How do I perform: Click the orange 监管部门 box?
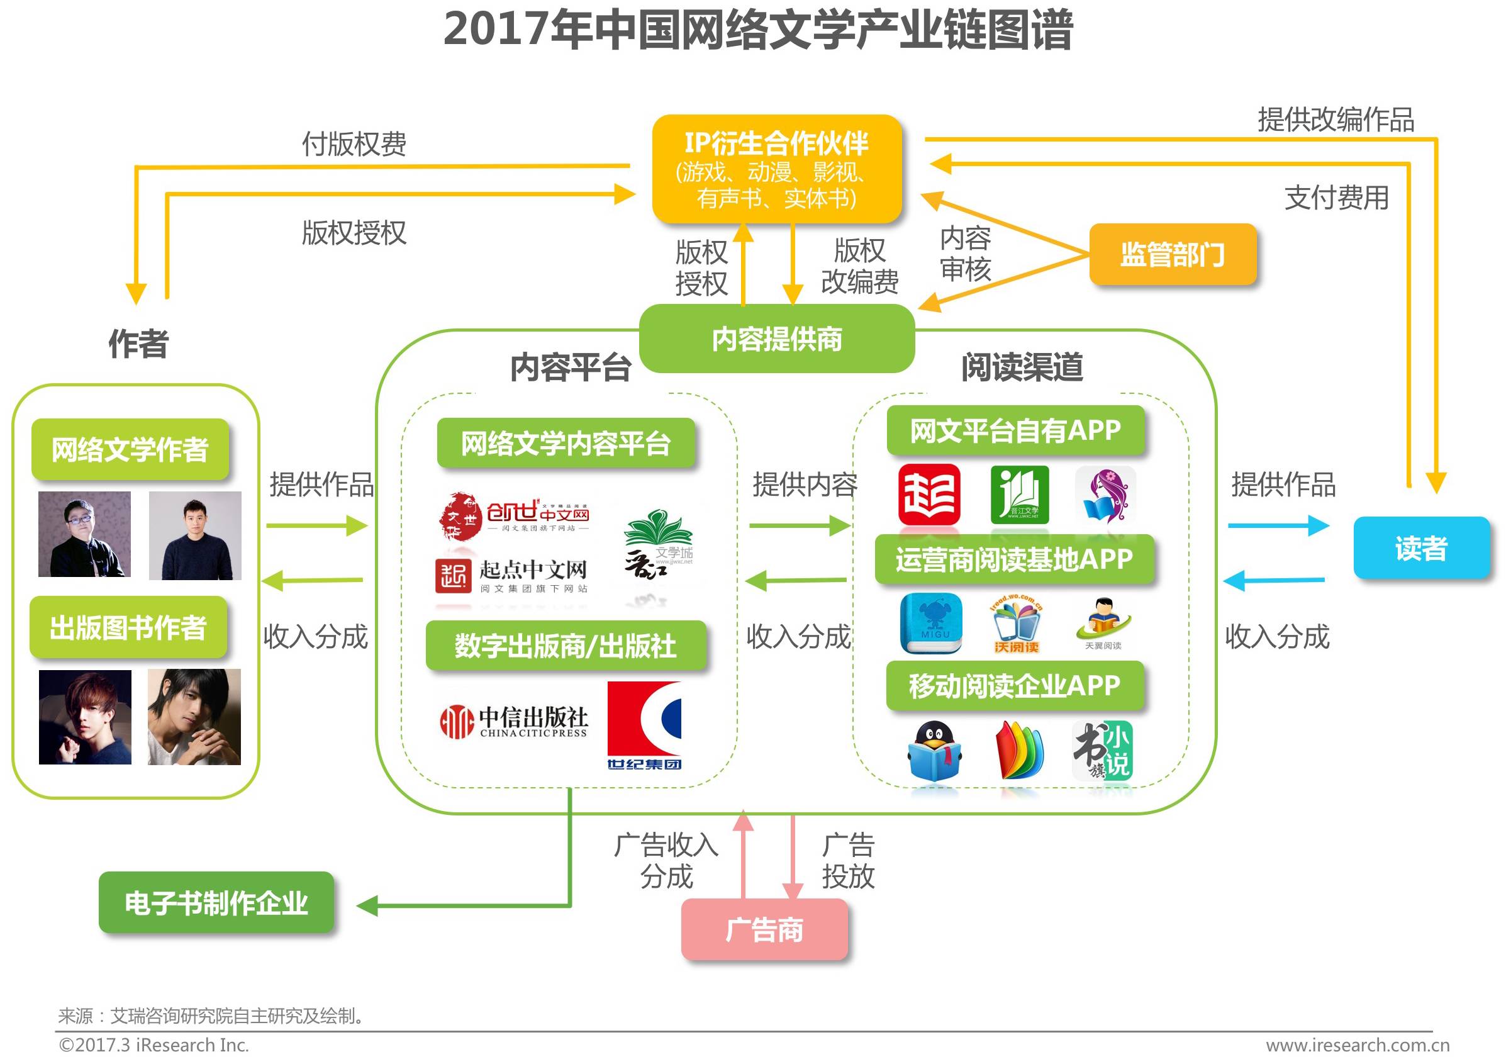(1172, 255)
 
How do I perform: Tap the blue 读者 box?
(1420, 548)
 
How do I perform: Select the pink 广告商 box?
(764, 929)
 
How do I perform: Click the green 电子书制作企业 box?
(216, 903)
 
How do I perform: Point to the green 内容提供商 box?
(777, 339)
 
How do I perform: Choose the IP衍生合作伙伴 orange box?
(777, 169)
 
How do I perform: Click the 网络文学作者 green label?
(130, 449)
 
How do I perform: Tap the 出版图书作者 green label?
(128, 627)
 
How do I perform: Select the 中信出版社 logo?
(513, 722)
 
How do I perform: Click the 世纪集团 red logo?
(644, 725)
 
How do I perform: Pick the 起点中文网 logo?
(511, 576)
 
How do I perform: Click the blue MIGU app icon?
(932, 623)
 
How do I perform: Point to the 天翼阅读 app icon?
(1103, 623)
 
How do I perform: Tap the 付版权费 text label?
(354, 143)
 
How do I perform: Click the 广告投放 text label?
(848, 860)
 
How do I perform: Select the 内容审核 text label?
(965, 253)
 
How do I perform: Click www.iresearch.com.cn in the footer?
(1358, 1045)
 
